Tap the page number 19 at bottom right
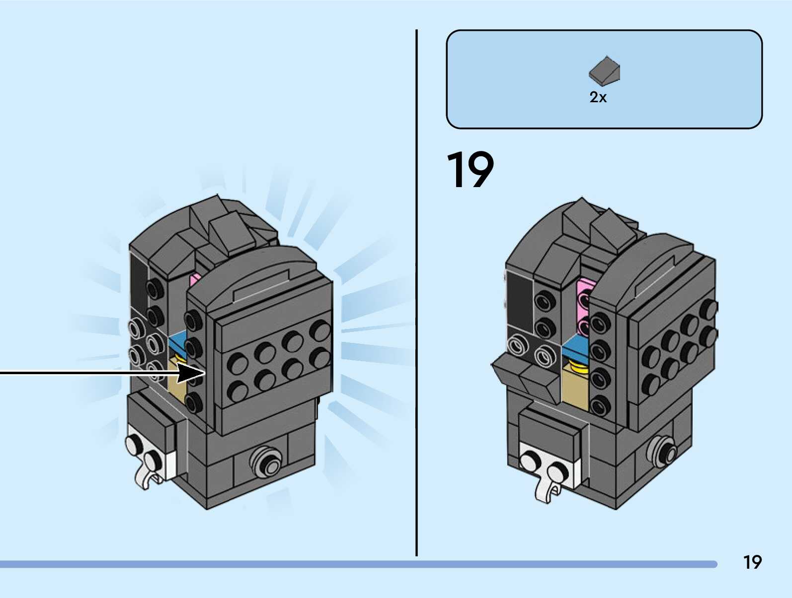coord(752,562)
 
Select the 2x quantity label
coord(598,97)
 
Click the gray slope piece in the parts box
coord(605,70)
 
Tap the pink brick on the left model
coord(195,281)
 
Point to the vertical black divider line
coord(416,293)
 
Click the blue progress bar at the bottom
coord(358,564)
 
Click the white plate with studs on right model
coord(547,464)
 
